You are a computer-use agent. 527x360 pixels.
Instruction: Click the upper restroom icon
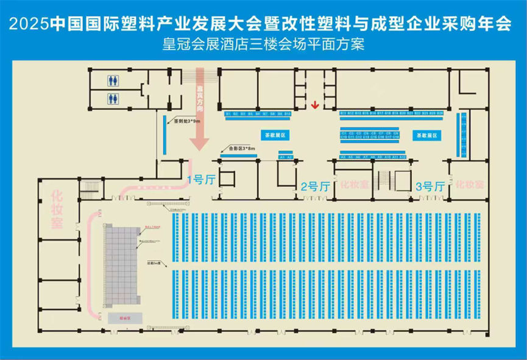coord(113,81)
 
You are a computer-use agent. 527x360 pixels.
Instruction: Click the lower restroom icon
coord(113,98)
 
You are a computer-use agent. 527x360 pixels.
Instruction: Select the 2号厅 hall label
coord(316,186)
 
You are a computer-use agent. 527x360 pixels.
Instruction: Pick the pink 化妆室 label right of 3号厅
coord(470,184)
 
